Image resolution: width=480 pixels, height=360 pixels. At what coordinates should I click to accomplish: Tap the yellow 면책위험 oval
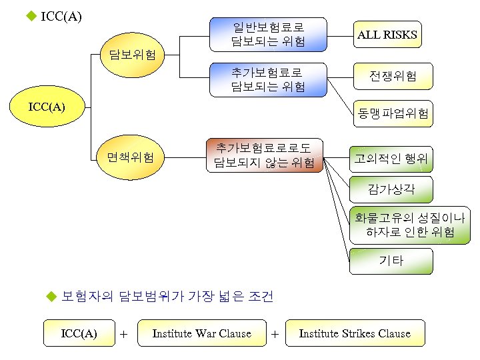coord(131,157)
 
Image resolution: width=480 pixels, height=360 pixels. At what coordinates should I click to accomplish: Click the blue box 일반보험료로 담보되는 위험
coord(268,35)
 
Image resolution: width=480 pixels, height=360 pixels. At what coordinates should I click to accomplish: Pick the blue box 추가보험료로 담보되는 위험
coord(268,79)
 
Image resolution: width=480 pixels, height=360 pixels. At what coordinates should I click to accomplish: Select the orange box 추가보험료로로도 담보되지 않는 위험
coord(264,155)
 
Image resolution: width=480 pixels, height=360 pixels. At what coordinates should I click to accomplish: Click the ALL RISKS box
coord(387,35)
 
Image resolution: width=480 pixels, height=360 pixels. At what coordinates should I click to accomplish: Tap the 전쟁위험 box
coord(393,76)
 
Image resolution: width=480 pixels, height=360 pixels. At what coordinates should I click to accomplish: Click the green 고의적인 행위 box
coord(391,159)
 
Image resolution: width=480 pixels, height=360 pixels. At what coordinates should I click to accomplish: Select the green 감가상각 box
coord(391,189)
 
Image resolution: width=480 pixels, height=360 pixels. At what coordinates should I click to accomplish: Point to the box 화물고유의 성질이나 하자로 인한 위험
coord(410,225)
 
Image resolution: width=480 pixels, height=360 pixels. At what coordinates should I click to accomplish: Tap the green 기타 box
coord(391,261)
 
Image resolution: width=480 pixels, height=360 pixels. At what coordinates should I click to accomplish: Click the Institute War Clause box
coord(201,333)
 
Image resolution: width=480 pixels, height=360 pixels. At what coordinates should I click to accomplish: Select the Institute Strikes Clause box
coord(355,333)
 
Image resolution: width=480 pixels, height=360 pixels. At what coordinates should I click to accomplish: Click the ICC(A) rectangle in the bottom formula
coord(79,333)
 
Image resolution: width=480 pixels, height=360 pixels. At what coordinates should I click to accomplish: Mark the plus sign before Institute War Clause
coord(124,334)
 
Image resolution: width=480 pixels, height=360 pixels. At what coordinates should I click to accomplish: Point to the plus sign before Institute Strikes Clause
coord(275,334)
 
